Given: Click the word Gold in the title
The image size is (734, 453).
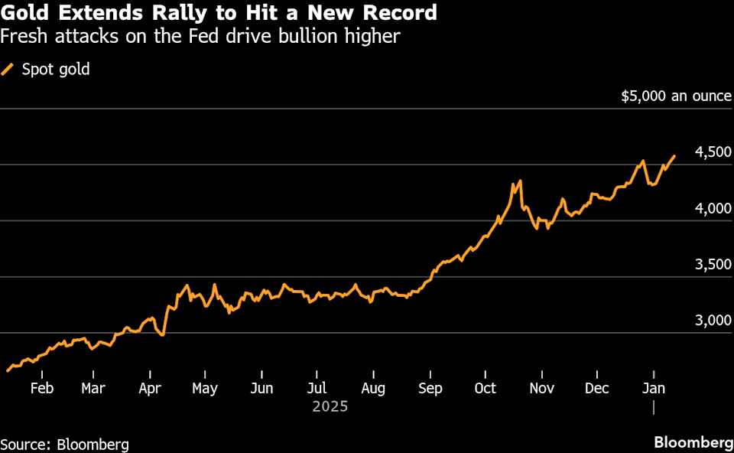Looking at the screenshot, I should click(26, 13).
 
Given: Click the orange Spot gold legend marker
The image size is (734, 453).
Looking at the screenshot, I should click(8, 70).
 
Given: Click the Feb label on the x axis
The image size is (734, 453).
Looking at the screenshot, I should click(41, 388).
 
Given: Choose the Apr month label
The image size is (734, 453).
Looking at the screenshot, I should click(151, 388).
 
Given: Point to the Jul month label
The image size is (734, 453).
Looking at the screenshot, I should click(318, 388).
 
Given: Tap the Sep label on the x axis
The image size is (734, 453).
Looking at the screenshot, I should click(430, 388).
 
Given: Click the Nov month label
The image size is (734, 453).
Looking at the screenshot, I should click(541, 388).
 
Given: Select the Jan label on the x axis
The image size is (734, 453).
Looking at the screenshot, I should click(653, 388).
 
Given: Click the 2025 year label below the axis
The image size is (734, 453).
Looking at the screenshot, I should click(330, 407).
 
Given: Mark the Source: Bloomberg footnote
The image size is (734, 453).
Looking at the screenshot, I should click(64, 444).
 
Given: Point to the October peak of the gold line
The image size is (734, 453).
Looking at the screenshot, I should click(520, 181).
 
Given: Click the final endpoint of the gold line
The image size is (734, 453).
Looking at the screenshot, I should click(674, 156).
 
